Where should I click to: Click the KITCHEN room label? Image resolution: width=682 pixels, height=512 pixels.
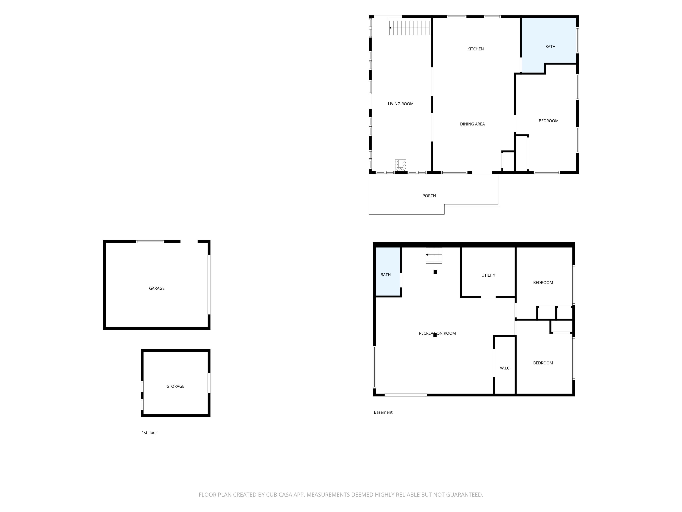pos(475,49)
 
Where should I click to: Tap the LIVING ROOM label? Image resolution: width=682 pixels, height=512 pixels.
pos(400,104)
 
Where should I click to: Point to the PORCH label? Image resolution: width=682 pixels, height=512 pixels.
pos(429,196)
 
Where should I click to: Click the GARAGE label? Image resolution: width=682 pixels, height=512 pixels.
pos(157,288)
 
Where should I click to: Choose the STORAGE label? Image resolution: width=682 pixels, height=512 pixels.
pos(175,386)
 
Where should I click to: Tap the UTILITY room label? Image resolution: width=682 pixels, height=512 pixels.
pos(488,275)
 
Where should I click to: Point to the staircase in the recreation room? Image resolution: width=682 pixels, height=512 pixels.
pos(434,255)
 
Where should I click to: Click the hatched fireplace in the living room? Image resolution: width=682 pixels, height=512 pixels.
pos(400,165)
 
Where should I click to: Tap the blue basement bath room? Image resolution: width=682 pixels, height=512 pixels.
pos(388,272)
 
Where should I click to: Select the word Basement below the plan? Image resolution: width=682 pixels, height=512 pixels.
pos(383,412)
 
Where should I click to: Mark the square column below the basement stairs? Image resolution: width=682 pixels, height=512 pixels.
pos(435,272)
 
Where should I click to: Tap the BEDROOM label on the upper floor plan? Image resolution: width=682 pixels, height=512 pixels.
pos(548,121)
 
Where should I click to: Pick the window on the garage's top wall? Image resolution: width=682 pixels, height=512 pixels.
pos(150,242)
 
